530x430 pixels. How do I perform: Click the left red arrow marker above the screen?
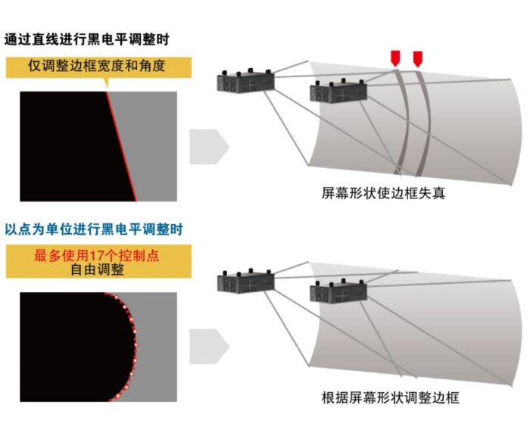(395, 58)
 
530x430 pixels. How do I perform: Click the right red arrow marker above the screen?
(418, 59)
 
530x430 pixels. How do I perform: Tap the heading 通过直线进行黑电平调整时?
(86, 39)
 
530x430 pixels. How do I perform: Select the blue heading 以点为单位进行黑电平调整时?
(94, 229)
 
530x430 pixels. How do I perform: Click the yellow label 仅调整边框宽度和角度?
(97, 66)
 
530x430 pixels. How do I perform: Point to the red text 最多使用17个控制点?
(96, 255)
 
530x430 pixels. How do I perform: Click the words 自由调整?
(98, 270)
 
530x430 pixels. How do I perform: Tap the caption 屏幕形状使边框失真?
(383, 193)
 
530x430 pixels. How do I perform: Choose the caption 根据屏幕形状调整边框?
(391, 397)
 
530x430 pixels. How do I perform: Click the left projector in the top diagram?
(245, 81)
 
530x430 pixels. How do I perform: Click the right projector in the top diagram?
(338, 91)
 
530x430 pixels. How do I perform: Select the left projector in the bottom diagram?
(245, 282)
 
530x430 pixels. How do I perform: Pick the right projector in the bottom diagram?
(338, 291)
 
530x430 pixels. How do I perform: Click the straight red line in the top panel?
(122, 146)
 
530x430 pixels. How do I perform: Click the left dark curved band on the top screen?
(404, 122)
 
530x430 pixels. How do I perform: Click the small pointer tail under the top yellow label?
(107, 83)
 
